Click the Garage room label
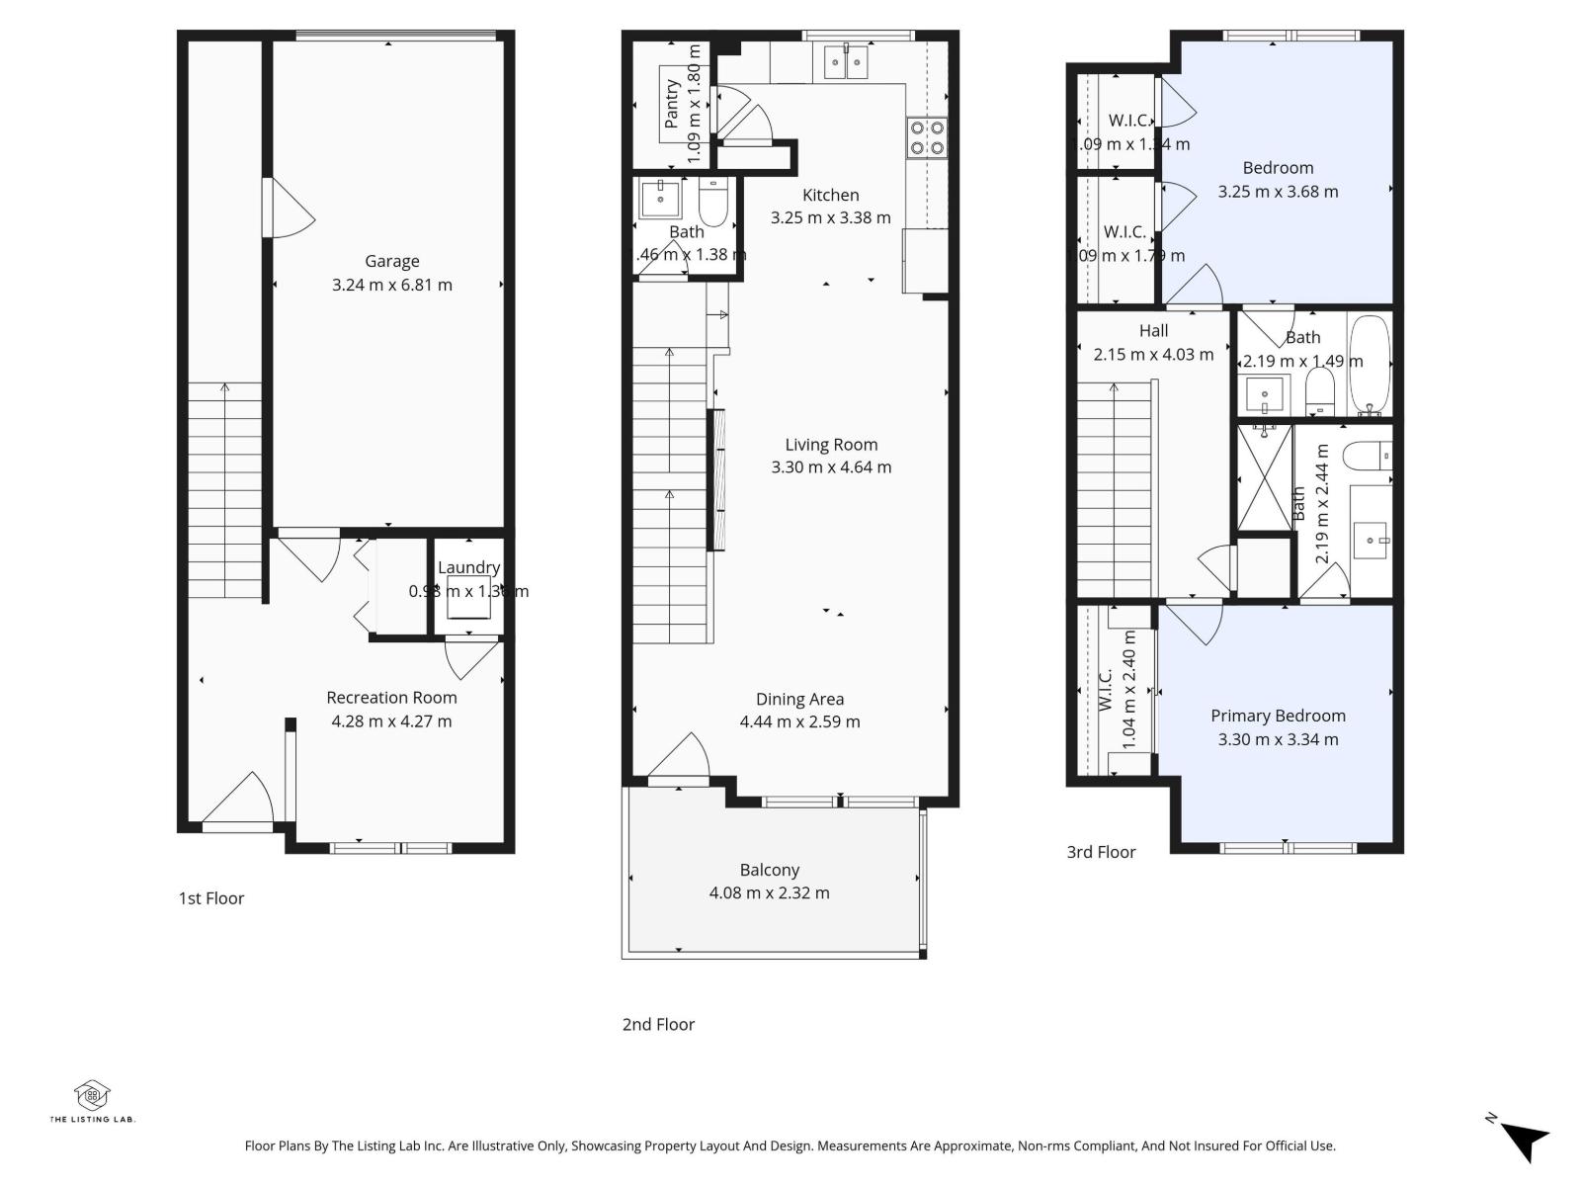(x=392, y=261)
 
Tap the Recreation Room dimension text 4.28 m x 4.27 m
(x=391, y=721)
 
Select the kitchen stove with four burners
(x=927, y=137)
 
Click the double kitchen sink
(x=846, y=61)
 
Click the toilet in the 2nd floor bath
(x=712, y=202)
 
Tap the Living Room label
(x=831, y=445)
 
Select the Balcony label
(x=769, y=870)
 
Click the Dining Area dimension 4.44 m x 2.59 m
(x=799, y=721)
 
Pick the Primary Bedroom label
(x=1278, y=716)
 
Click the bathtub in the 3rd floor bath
(x=1370, y=366)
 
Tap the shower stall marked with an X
(x=1264, y=477)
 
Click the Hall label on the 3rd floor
(x=1153, y=331)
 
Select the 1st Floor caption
(x=210, y=898)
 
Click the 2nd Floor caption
(x=658, y=1025)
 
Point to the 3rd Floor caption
(x=1101, y=852)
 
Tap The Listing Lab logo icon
(x=92, y=1095)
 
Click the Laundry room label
(x=468, y=567)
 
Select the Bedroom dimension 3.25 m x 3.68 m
(x=1278, y=192)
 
